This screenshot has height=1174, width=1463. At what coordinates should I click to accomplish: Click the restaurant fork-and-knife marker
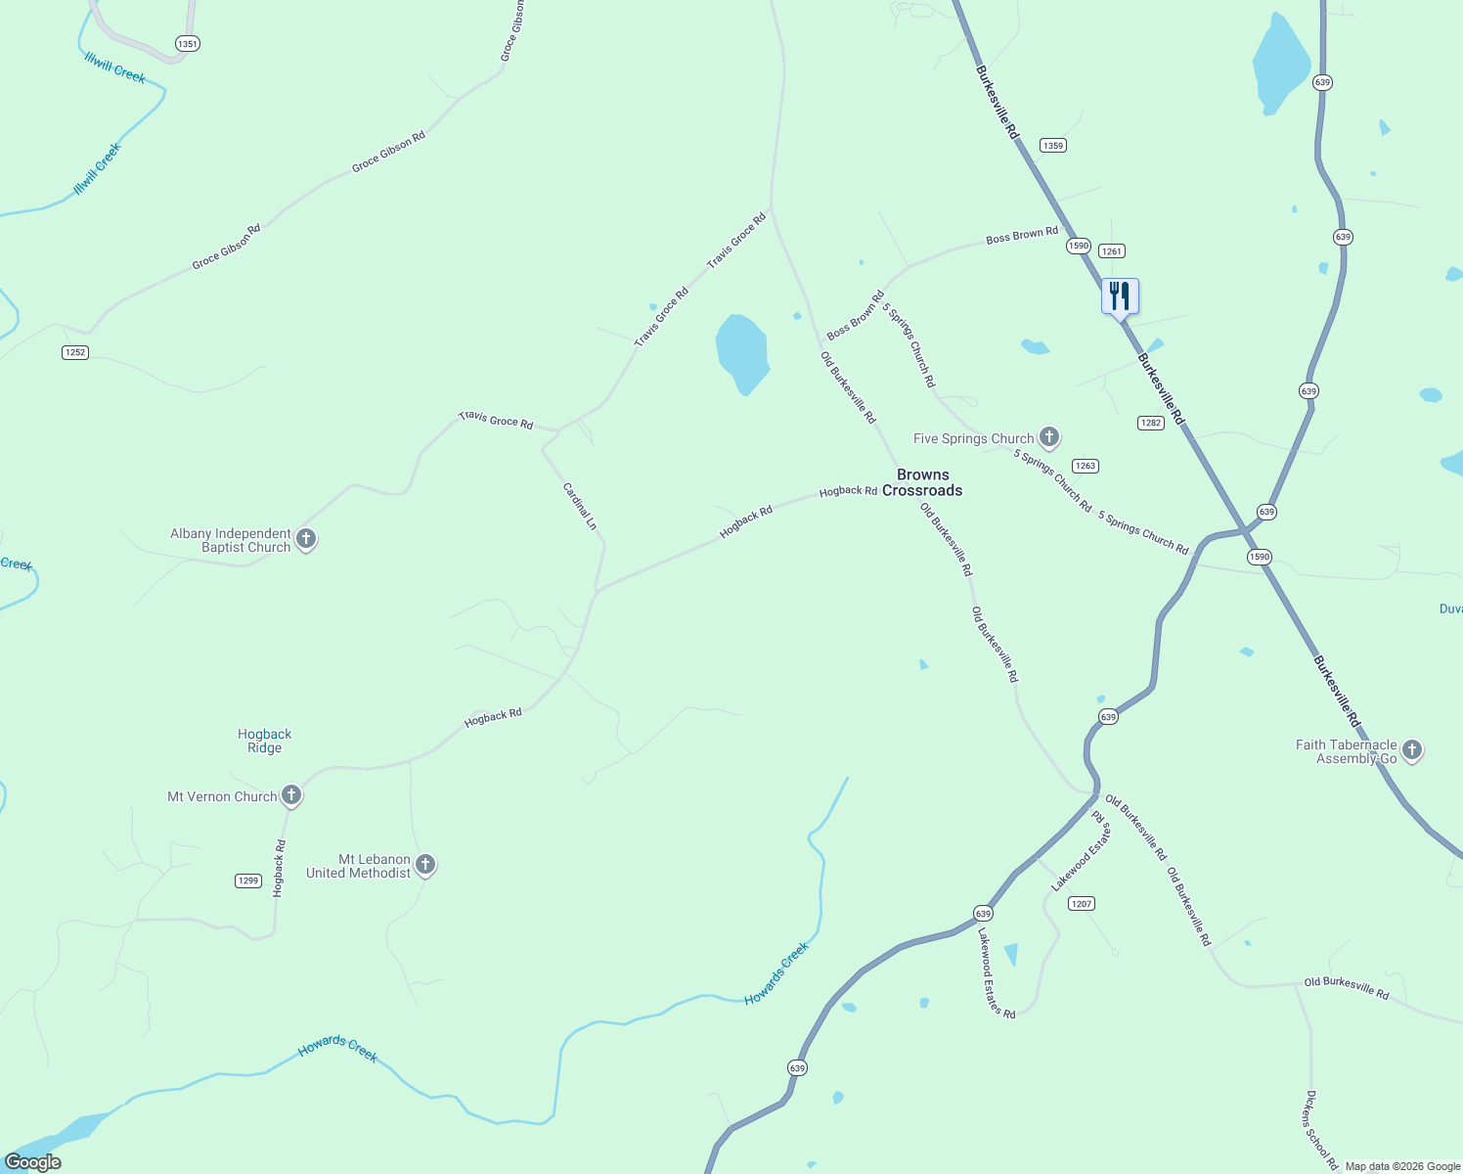[x=1120, y=295]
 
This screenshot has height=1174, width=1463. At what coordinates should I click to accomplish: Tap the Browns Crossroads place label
[x=922, y=482]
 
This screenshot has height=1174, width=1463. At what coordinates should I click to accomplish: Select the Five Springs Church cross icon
[x=1049, y=436]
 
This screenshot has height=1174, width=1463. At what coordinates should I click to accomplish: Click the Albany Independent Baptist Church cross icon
[x=306, y=539]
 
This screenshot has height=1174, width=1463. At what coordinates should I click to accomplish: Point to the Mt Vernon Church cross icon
[x=291, y=795]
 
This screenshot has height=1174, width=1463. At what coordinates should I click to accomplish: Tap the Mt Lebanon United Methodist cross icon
[x=425, y=865]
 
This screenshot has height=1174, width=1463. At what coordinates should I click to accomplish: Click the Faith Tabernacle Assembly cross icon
[x=1411, y=750]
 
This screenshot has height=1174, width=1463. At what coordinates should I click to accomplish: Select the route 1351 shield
[x=187, y=44]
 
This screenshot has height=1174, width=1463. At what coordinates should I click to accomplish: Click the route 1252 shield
[x=75, y=352]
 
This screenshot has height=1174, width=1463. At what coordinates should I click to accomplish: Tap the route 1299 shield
[x=248, y=880]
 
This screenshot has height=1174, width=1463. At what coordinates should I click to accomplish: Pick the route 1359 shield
[x=1052, y=146]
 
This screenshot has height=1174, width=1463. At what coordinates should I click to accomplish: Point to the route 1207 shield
[x=1081, y=903]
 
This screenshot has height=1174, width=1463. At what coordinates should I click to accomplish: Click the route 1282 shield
[x=1150, y=423]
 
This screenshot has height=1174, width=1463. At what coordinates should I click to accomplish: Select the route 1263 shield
[x=1085, y=466]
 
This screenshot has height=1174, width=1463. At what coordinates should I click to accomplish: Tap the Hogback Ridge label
[x=264, y=741]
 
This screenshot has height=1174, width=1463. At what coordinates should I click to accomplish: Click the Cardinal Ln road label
[x=579, y=506]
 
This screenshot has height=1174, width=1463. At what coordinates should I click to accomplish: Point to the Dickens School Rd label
[x=1321, y=1129]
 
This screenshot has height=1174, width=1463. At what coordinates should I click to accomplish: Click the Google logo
[x=32, y=1162]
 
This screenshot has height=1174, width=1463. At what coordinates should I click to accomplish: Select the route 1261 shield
[x=1111, y=251]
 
